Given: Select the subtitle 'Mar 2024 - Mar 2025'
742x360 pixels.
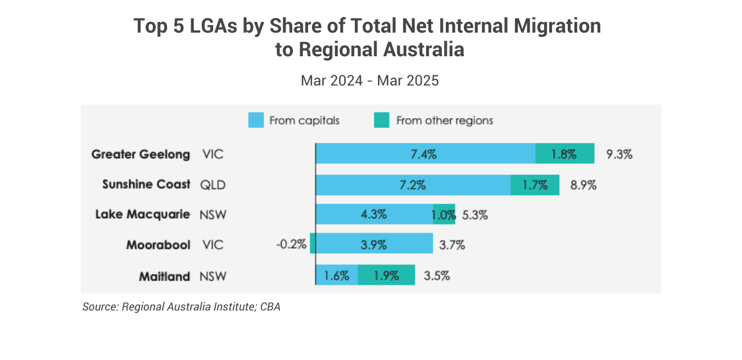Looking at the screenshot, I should click(369, 80).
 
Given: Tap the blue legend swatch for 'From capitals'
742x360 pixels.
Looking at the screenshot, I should click(256, 120).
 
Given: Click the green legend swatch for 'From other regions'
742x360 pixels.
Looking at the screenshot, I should click(382, 120).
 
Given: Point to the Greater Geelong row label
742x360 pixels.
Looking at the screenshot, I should click(141, 154).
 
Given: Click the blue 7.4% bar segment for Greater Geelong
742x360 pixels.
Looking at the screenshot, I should click(425, 154).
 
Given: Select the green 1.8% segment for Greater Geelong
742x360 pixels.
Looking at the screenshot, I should click(564, 154).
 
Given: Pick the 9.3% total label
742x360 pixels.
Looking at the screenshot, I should click(619, 154).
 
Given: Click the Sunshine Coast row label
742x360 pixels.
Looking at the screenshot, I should click(146, 184).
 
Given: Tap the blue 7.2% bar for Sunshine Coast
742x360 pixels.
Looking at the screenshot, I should click(413, 184).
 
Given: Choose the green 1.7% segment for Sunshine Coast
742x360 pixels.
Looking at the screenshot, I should click(535, 184).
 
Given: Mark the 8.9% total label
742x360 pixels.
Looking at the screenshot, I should click(583, 184).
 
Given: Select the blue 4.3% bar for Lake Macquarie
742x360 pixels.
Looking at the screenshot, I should click(374, 215).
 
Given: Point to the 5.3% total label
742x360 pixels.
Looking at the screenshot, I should click(475, 215).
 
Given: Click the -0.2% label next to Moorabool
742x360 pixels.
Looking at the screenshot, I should click(291, 245).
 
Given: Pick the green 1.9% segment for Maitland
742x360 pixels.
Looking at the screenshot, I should click(386, 276).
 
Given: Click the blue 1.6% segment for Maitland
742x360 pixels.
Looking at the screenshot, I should click(337, 276).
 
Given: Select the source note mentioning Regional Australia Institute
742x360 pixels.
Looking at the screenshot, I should click(181, 307).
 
